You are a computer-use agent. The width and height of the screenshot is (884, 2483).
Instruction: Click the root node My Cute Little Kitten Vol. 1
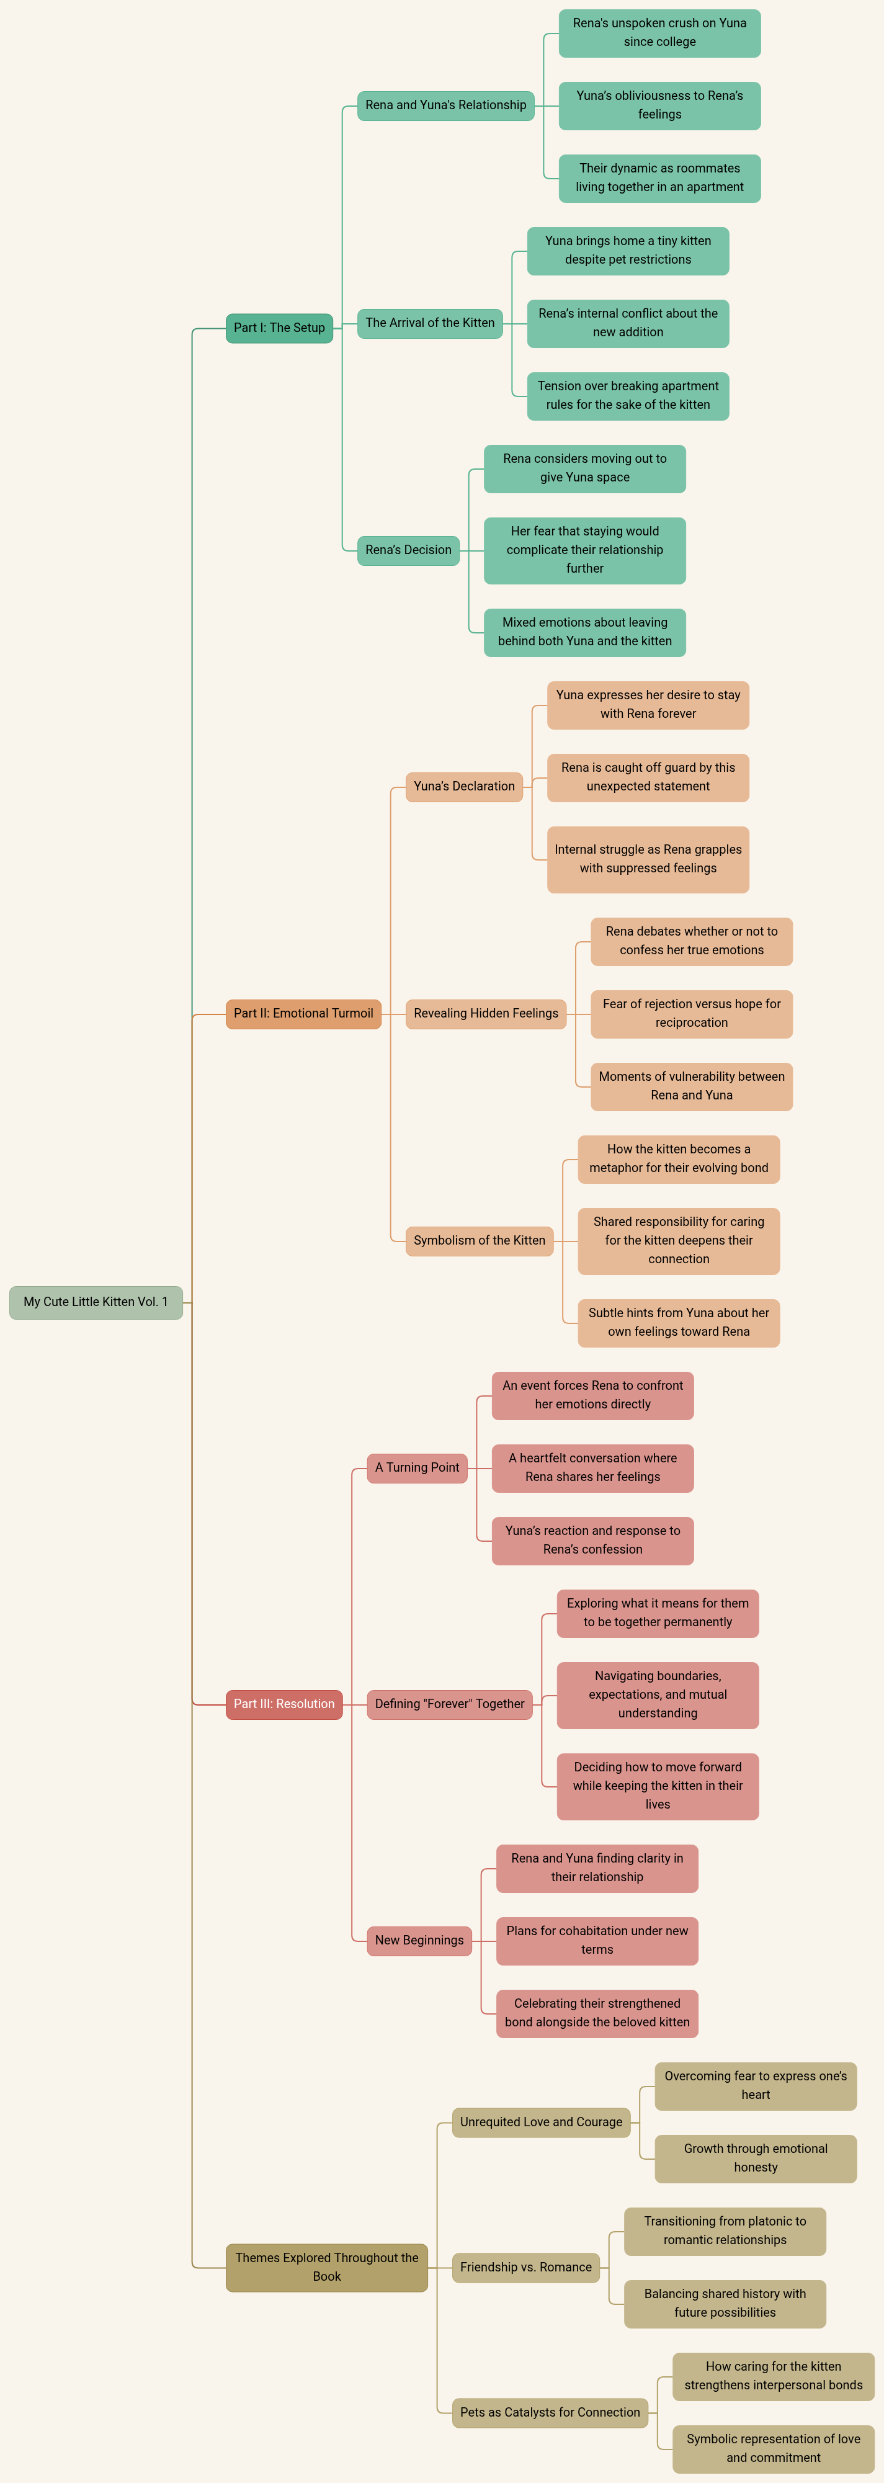click(x=96, y=1302)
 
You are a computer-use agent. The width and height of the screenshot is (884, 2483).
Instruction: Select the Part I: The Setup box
click(x=280, y=328)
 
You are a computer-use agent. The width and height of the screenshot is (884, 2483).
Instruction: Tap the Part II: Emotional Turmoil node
click(x=304, y=1013)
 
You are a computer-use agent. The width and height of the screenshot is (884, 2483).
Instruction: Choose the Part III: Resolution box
click(x=284, y=1704)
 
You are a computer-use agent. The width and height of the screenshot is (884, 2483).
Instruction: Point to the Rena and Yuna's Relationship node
click(x=446, y=105)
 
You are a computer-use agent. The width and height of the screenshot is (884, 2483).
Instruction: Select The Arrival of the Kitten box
click(x=430, y=323)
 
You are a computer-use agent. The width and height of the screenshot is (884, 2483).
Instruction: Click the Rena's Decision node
click(x=409, y=550)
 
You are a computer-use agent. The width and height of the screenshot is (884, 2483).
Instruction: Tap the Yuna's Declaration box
click(x=465, y=787)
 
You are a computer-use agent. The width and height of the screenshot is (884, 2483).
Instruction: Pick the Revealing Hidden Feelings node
click(x=486, y=1013)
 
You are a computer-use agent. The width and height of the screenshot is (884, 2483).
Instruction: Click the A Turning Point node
click(x=417, y=1468)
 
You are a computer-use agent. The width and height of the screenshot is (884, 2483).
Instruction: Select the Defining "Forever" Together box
click(x=450, y=1704)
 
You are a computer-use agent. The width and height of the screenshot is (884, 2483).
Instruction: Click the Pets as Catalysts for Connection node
click(x=550, y=2413)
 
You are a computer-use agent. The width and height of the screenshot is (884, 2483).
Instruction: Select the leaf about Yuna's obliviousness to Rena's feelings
click(x=660, y=105)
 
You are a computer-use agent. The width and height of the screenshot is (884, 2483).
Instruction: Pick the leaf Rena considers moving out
click(x=585, y=468)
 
